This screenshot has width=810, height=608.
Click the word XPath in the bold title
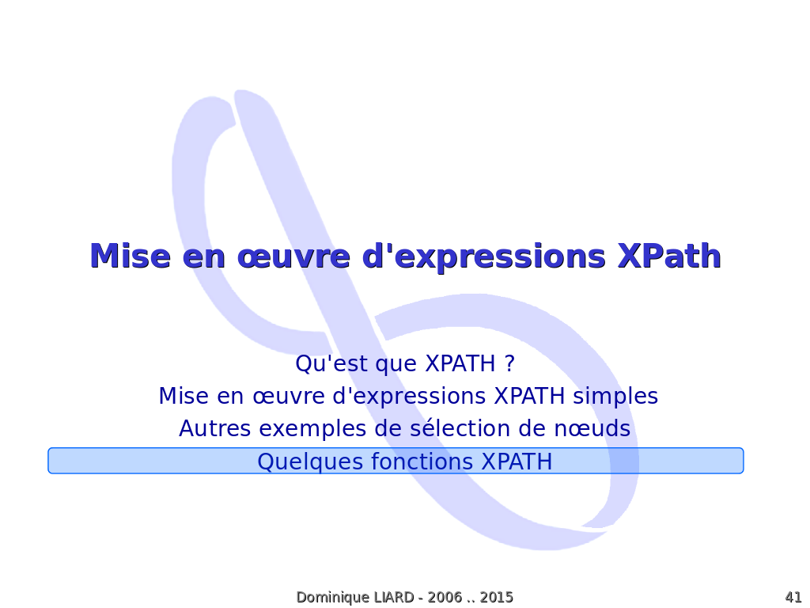pyautogui.click(x=669, y=256)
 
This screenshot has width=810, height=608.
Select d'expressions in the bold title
pyautogui.click(x=483, y=256)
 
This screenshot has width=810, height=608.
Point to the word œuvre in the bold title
pyautogui.click(x=293, y=257)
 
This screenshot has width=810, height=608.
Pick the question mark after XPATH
pyautogui.click(x=510, y=363)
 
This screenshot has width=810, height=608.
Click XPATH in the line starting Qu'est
pyautogui.click(x=460, y=363)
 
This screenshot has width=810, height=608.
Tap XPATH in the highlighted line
pyautogui.click(x=517, y=462)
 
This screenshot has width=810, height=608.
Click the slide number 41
pyautogui.click(x=793, y=597)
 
